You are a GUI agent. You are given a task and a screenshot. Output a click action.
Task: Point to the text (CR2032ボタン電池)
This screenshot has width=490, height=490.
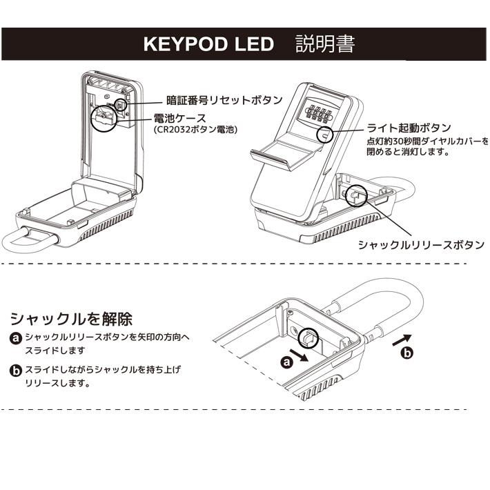pyautogui.click(x=196, y=130)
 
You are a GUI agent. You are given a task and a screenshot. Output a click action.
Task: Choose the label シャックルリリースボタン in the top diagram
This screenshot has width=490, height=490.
pyautogui.click(x=420, y=245)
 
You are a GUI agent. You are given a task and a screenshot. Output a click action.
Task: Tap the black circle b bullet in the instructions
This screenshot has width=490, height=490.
pyautogui.click(x=16, y=371)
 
